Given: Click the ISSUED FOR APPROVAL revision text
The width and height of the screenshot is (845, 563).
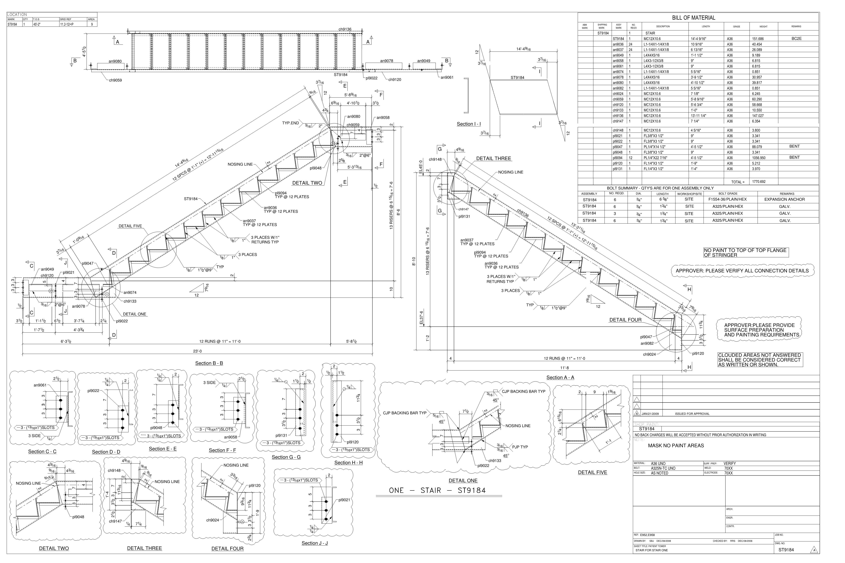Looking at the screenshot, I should (692, 414).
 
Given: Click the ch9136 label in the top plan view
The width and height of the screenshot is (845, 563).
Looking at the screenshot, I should (345, 30).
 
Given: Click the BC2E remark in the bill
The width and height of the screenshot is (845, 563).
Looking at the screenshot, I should (796, 39).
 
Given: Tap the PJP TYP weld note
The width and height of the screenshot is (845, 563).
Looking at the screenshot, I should (520, 447).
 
